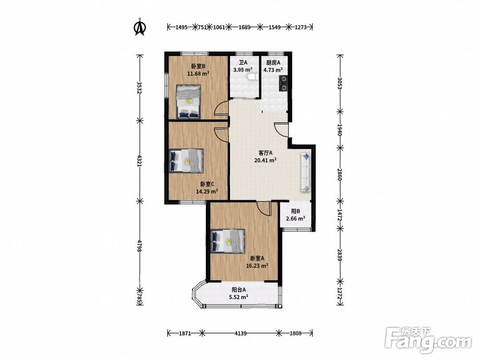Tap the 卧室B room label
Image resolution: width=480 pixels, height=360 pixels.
(x=198, y=66)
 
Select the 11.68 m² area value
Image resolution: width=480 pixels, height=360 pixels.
(x=198, y=73)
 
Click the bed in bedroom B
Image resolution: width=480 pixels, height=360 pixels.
(x=189, y=102)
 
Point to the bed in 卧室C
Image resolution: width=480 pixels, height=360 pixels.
(x=186, y=161)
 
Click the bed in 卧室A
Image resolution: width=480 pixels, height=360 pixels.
(x=228, y=241)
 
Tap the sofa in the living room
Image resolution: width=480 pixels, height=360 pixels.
(x=306, y=172)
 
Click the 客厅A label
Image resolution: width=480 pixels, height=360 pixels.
(x=266, y=153)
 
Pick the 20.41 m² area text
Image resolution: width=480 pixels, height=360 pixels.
(x=265, y=160)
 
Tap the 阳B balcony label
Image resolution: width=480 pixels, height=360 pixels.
(x=295, y=211)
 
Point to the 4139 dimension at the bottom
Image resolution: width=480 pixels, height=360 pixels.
(x=240, y=333)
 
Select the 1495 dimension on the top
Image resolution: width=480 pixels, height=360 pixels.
(x=181, y=27)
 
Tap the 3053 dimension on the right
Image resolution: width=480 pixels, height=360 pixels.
(x=340, y=83)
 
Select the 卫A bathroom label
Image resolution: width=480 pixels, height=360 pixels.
(x=243, y=63)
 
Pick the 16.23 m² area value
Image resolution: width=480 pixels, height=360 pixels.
(x=257, y=266)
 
